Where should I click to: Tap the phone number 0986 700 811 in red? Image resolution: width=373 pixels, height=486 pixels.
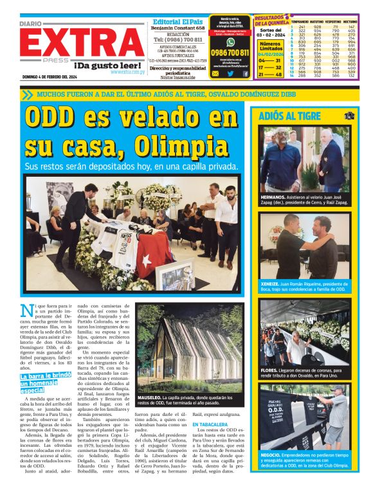[x=230, y=52]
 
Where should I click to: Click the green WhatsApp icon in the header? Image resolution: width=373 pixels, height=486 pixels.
[x=230, y=42]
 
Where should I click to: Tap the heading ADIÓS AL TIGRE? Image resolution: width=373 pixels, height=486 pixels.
[x=289, y=116]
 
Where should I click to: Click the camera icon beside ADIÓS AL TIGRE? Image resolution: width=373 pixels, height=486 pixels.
[x=349, y=116]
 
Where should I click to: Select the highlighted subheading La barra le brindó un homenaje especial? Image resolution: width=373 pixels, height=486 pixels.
[x=45, y=382]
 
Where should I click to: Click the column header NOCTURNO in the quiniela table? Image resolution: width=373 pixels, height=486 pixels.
[x=350, y=21]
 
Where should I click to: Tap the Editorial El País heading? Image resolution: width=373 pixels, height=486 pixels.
[x=177, y=21]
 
